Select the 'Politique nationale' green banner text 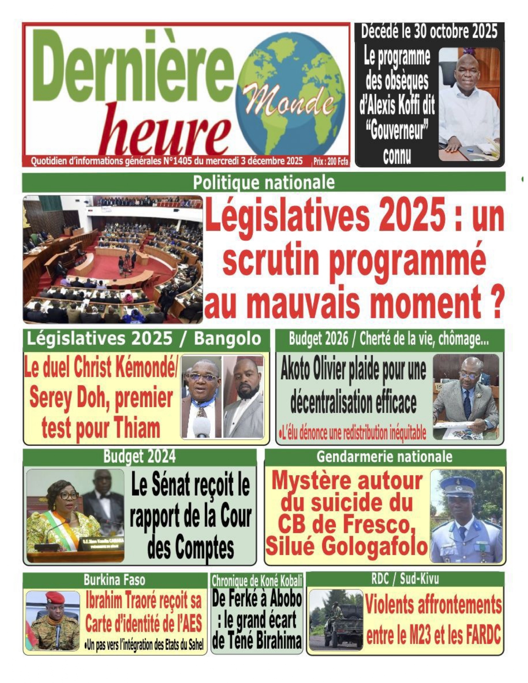[264, 182]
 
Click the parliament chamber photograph [113, 259]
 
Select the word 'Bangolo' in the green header [227, 339]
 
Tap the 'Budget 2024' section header [139, 456]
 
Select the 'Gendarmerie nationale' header [384, 456]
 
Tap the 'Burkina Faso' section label [114, 579]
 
